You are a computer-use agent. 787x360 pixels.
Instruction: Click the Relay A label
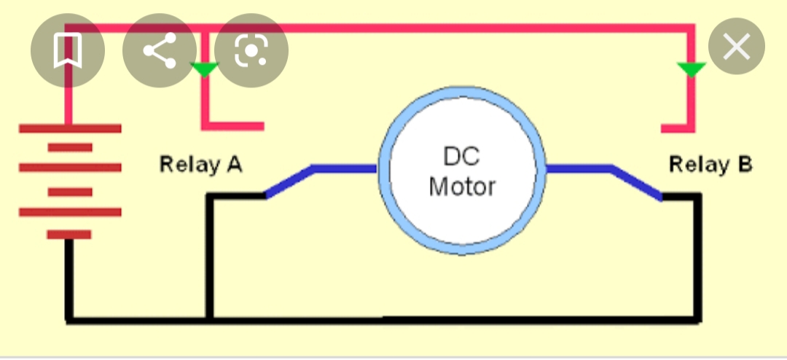click(x=201, y=165)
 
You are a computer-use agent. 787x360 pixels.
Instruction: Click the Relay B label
click(x=710, y=165)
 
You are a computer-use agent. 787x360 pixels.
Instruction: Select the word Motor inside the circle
click(x=462, y=187)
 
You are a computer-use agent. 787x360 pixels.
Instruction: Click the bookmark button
click(x=68, y=50)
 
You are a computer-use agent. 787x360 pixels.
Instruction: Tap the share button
click(x=160, y=50)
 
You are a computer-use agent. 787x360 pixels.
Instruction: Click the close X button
click(x=736, y=46)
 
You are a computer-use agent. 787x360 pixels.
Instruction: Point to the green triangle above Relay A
click(x=204, y=69)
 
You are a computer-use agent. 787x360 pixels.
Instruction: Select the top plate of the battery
click(x=70, y=128)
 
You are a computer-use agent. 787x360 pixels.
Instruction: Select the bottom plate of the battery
click(x=69, y=235)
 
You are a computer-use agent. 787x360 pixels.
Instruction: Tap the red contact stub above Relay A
click(x=232, y=126)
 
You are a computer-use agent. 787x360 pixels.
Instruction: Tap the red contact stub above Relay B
click(x=678, y=128)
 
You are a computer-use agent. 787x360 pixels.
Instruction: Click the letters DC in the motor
click(x=462, y=157)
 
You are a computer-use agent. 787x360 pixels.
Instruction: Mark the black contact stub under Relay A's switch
click(x=236, y=196)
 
